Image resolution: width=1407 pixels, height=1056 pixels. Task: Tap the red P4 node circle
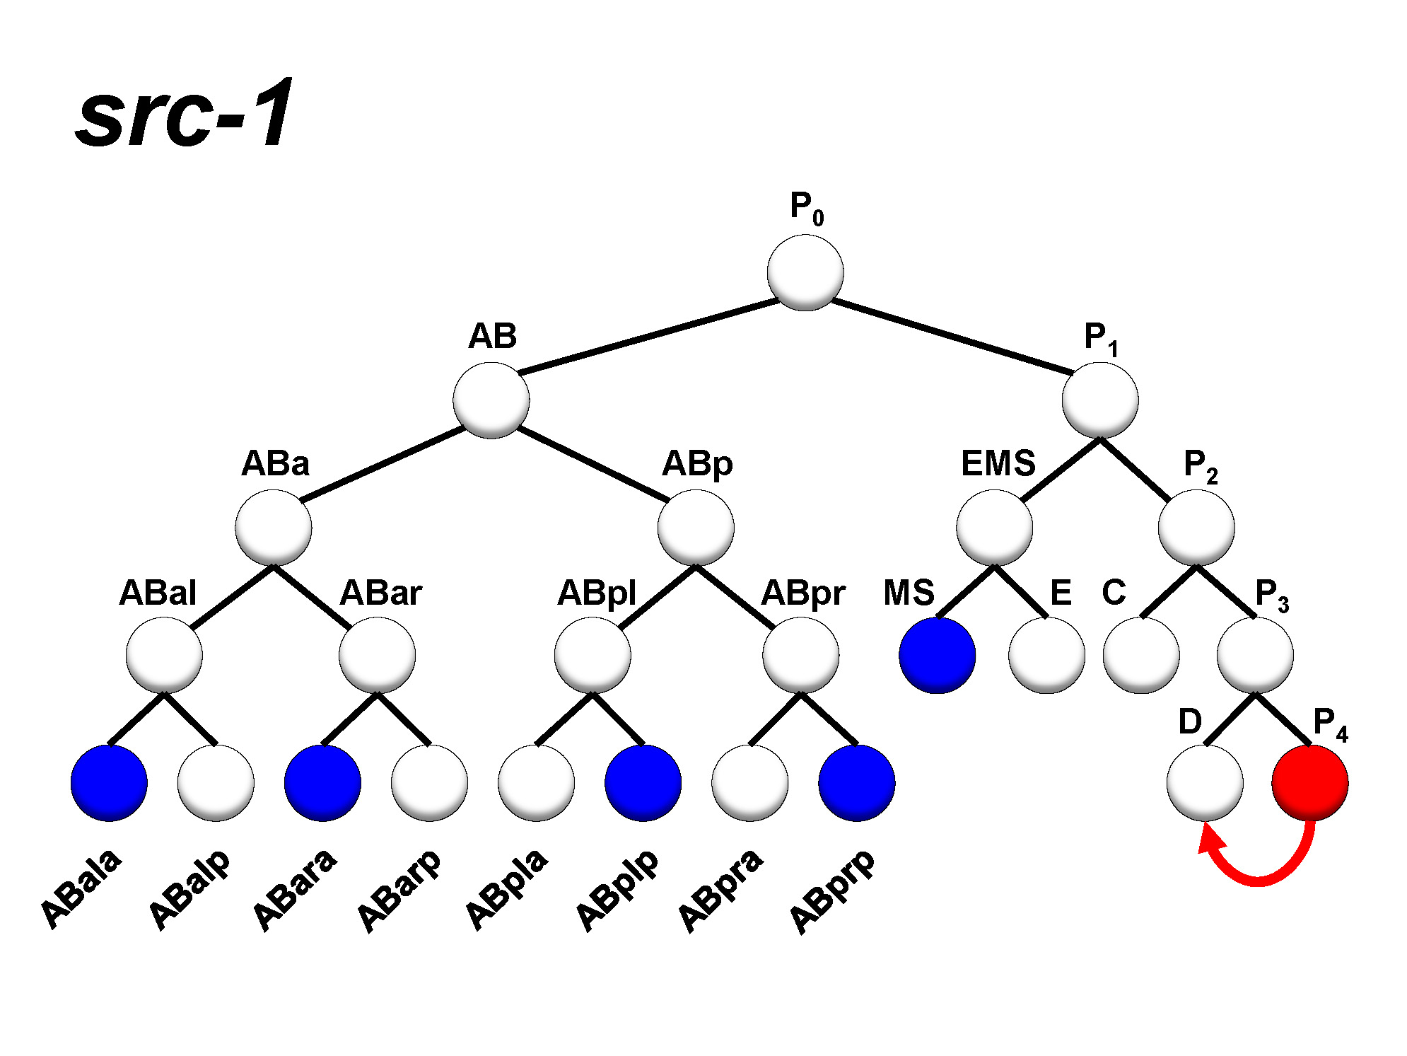[1309, 782]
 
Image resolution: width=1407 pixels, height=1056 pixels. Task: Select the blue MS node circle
[937, 655]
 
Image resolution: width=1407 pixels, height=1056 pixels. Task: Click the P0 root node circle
[805, 272]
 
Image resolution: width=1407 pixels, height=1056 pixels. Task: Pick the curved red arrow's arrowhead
[1210, 842]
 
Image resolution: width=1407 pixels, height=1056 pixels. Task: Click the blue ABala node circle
[109, 782]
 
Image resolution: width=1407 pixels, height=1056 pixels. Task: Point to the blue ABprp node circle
[856, 782]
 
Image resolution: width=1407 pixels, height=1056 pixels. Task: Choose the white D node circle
[1204, 782]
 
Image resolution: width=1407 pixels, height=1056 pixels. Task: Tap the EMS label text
[998, 464]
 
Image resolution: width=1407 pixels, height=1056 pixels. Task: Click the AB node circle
[491, 400]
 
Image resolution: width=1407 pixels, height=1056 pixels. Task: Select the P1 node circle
[1099, 400]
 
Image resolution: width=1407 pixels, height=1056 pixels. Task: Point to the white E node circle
[1046, 655]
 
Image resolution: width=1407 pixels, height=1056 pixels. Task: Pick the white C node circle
[1141, 655]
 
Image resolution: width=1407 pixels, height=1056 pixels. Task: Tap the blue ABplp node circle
[643, 782]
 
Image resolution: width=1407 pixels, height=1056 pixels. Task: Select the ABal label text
[157, 593]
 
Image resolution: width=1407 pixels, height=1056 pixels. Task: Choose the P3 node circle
[1255, 655]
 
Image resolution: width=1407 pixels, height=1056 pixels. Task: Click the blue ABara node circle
[322, 782]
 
